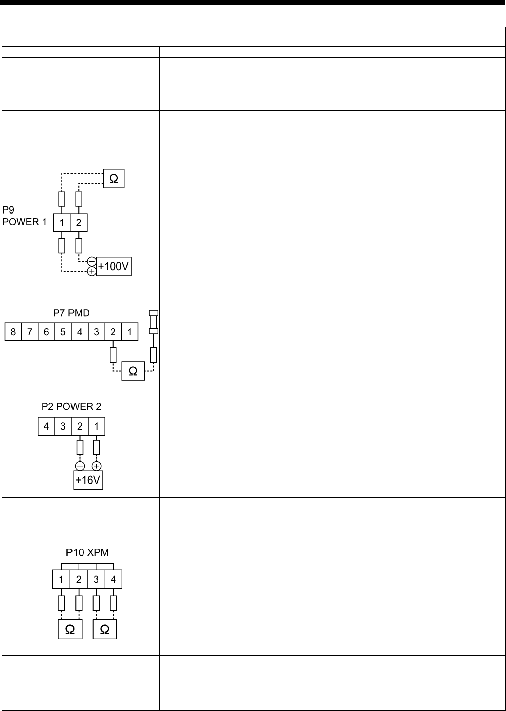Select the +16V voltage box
88,480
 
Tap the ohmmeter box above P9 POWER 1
114,179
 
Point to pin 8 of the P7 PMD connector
13,332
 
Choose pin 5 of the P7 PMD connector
63,332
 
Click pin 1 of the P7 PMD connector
130,332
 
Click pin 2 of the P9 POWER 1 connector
78,222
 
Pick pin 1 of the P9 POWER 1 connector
61,222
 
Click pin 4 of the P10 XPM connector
113,579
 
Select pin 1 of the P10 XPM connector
61,579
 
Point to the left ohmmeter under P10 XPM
70,630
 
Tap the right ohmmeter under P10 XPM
105,630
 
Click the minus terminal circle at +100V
92,262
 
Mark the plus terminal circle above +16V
97,465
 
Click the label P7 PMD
71,313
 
